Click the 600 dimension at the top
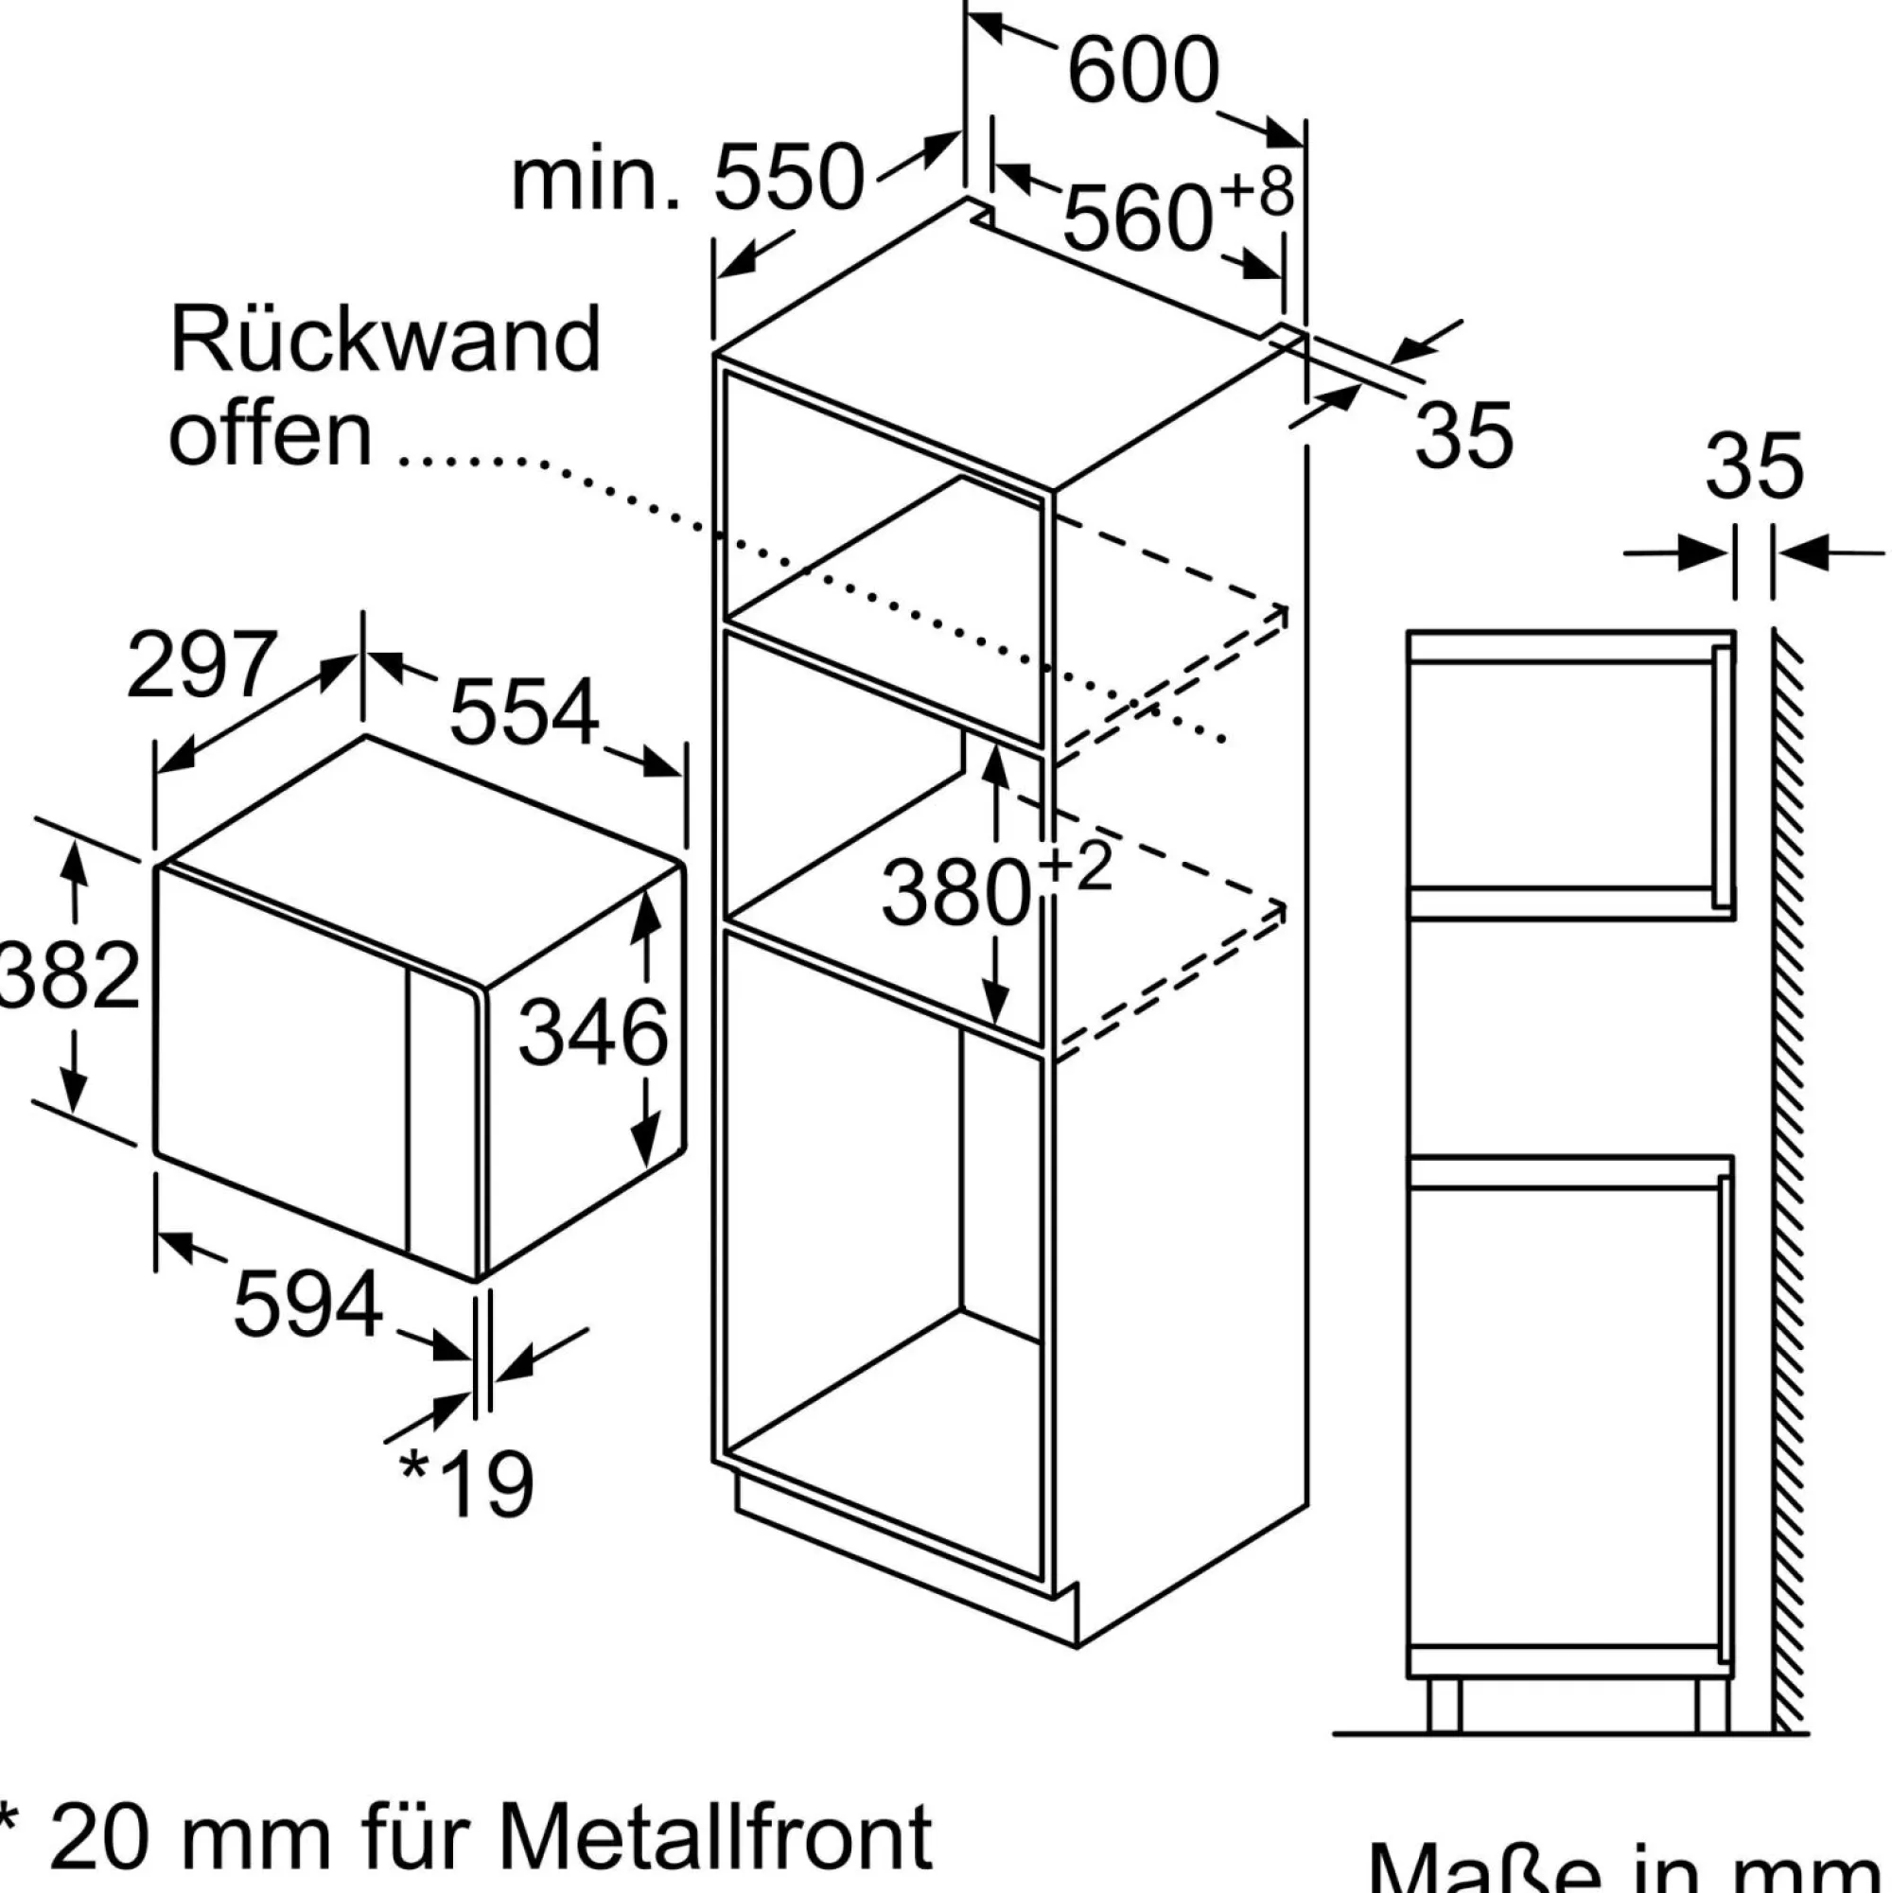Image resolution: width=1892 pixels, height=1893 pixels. coord(1143,71)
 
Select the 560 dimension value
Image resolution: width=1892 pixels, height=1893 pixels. coord(1137,219)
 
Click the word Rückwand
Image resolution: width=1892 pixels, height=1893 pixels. coord(384,339)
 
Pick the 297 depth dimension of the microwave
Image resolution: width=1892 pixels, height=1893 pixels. coord(201,665)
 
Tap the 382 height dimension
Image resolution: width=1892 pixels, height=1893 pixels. coord(69,975)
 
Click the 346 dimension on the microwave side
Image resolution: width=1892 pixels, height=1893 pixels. coord(592,1033)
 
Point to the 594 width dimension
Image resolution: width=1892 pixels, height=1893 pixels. coord(307,1305)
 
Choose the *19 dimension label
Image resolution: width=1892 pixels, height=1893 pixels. coord(466,1483)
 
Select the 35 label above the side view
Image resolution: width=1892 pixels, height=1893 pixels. coord(1753,466)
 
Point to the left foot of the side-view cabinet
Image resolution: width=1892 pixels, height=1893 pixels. coord(1444,1704)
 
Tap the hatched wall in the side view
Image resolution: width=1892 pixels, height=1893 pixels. coord(1788,1176)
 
